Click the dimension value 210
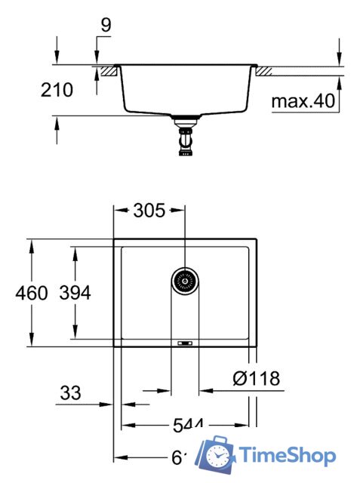click(x=57, y=91)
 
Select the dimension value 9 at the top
click(x=105, y=25)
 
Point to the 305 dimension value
click(x=149, y=211)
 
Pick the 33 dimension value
click(x=69, y=392)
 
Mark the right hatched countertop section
click(x=265, y=72)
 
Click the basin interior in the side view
click(x=185, y=91)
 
